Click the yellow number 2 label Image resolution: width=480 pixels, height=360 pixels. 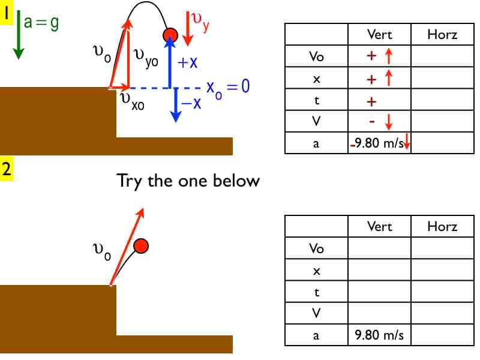pos(7,170)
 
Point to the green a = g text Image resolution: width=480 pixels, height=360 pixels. pos(41,22)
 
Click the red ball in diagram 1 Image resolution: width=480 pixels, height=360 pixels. pos(170,35)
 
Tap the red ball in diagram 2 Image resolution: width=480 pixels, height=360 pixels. pos(141,245)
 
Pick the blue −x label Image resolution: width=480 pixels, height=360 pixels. pos(191,104)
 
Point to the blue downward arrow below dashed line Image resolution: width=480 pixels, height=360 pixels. pos(175,105)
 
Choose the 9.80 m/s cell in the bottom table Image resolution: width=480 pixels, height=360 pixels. pos(379,335)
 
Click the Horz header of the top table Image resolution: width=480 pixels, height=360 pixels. pos(442,35)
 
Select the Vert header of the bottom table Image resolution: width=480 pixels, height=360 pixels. pos(379,227)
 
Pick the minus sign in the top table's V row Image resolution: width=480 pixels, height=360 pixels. pos(372,122)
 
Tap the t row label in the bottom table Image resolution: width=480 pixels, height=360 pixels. pos(316,292)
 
